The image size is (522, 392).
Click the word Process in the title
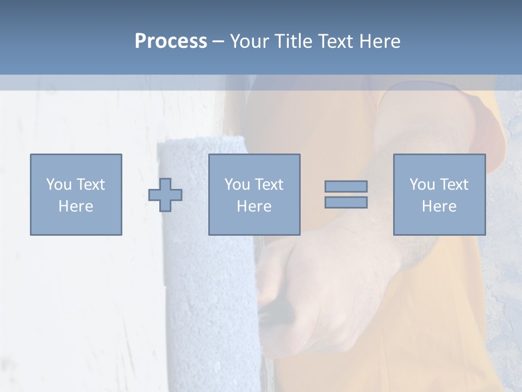pyautogui.click(x=171, y=41)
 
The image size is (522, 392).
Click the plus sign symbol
pyautogui.click(x=165, y=195)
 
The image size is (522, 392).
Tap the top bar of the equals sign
pyautogui.click(x=346, y=186)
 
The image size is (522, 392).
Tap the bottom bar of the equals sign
pyautogui.click(x=346, y=203)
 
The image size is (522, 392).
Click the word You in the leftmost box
pyautogui.click(x=58, y=185)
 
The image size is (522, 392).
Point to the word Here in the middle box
pyautogui.click(x=254, y=206)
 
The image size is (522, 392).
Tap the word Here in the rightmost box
pyautogui.click(x=439, y=206)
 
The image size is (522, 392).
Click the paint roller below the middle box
pyautogui.click(x=212, y=305)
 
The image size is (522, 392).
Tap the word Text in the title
pyautogui.click(x=334, y=41)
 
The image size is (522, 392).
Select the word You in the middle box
pyautogui.click(x=237, y=185)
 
